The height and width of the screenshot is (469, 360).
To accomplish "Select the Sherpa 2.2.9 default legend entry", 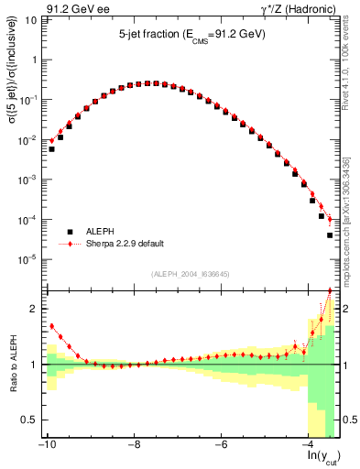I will (125, 245).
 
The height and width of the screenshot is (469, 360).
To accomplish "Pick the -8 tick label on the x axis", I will (134, 445).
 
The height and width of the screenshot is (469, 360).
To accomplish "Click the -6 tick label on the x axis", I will (222, 445).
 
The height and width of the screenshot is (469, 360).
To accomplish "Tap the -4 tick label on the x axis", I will (310, 445).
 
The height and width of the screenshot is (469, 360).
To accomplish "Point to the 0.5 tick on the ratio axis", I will (32, 420).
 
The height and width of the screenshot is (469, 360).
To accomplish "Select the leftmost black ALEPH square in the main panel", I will (52, 148).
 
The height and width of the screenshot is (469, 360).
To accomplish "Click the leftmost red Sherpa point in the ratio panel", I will (52, 326).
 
